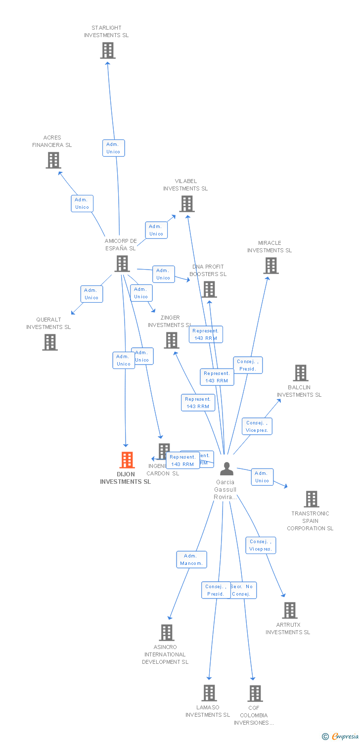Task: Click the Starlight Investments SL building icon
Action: [x=108, y=50]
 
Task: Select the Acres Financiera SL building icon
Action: [x=53, y=160]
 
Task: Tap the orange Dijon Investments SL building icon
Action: [x=127, y=460]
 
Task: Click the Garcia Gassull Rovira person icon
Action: [x=226, y=468]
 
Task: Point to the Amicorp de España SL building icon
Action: [x=122, y=264]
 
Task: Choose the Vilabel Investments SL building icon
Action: [x=186, y=204]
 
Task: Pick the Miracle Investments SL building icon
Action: [x=270, y=266]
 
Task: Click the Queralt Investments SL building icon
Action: [x=49, y=342]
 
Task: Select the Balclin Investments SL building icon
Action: [x=300, y=373]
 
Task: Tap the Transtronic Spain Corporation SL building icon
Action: [x=311, y=499]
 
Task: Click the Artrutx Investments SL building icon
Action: [x=290, y=610]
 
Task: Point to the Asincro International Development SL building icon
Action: [x=167, y=632]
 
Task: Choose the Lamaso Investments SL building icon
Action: [x=210, y=693]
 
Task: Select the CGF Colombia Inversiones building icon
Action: [x=255, y=694]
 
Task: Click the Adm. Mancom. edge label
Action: [x=191, y=559]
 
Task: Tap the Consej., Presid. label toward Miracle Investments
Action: [x=247, y=365]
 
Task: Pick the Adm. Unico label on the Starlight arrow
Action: [x=113, y=148]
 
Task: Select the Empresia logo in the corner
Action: [x=341, y=737]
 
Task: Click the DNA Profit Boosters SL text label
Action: [x=208, y=270]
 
